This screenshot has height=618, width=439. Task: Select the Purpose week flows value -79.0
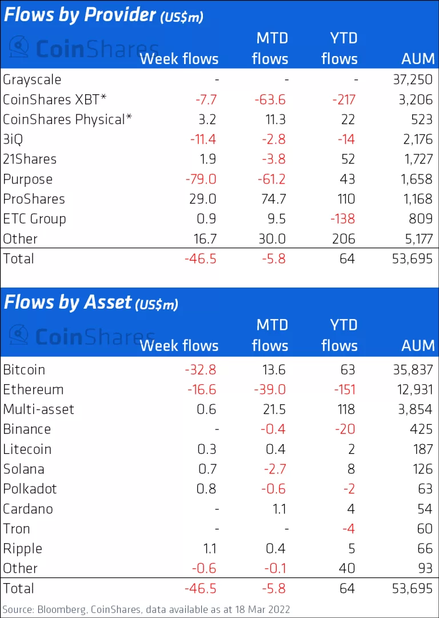pos(201,179)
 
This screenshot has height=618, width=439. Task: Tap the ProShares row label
pos(34,199)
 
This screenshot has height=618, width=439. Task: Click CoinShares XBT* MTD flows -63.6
pos(269,99)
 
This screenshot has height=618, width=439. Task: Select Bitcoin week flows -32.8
pos(201,370)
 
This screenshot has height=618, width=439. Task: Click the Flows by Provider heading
pos(80,15)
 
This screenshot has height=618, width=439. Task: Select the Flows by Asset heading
pos(68,302)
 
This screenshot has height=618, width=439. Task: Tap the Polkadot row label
pos(30,489)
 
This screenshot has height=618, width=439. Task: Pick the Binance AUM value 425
pos(418,429)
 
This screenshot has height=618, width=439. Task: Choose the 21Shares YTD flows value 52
pos(347,160)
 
